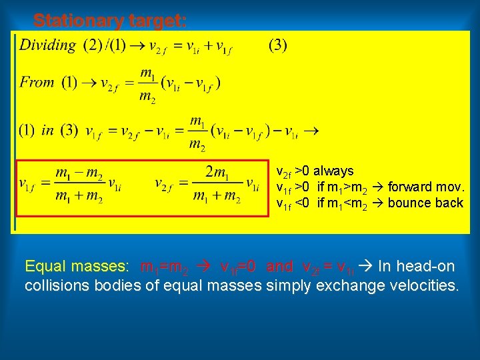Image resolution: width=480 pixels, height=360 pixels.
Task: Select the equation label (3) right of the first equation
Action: [278, 46]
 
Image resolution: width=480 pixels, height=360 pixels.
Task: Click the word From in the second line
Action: [37, 83]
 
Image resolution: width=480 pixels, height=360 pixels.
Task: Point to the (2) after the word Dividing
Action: [93, 46]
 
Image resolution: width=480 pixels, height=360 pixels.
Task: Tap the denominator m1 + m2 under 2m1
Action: [216, 197]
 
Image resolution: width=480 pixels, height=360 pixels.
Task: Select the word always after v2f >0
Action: [333, 171]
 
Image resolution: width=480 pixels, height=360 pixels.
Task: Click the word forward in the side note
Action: [409, 187]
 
